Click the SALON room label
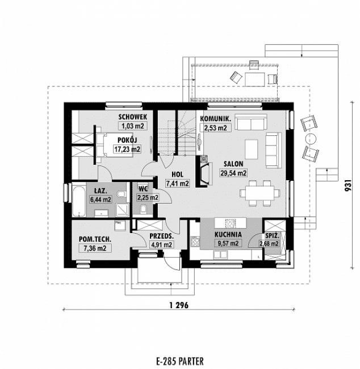coord(233,164)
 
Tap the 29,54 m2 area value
coord(233,173)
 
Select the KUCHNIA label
coord(228,234)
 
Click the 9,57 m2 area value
coord(228,243)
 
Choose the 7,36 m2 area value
coord(94,248)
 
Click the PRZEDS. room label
coord(161,236)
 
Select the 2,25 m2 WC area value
coord(147,197)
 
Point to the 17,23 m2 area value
coord(127,150)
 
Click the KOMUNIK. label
coord(215,119)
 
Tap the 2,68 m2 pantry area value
coord(269,244)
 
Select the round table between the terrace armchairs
coord(310,138)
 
